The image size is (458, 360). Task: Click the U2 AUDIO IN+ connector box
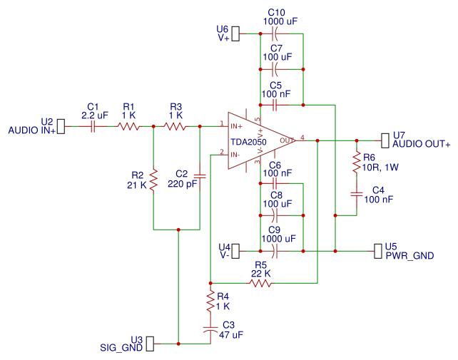point(61,126)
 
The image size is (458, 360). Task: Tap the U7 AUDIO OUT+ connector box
point(385,140)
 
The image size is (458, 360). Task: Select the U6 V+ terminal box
point(235,34)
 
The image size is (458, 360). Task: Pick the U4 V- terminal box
point(235,251)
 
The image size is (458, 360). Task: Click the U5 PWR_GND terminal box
point(378,251)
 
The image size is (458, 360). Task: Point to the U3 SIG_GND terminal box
point(150,344)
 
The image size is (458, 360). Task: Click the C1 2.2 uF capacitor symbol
point(93,126)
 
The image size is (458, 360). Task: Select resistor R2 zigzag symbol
point(153,180)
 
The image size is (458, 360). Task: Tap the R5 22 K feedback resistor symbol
point(260,283)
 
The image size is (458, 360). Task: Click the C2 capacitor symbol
point(200,176)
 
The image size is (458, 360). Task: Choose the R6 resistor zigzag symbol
point(357,162)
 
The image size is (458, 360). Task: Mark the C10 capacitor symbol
point(275,34)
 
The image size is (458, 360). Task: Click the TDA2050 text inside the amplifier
point(248,142)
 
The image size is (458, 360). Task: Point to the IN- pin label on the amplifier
point(235,155)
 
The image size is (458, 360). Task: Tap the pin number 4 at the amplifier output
point(302,137)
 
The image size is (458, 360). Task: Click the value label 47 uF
point(230,334)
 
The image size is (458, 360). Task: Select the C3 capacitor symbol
point(210,329)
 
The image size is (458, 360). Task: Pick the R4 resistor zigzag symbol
point(210,301)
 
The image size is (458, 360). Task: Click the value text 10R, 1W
point(380,168)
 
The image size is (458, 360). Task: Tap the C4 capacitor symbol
point(357,194)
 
